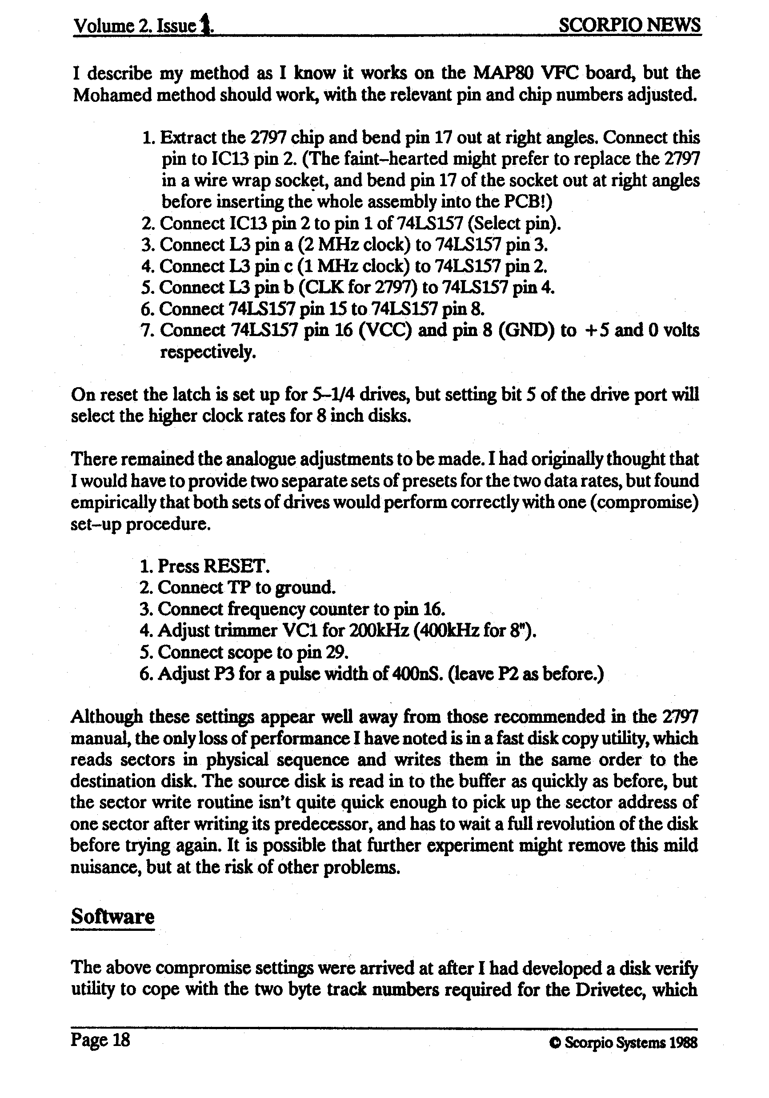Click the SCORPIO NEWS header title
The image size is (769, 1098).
(629, 25)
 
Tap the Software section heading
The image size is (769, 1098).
(112, 916)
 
